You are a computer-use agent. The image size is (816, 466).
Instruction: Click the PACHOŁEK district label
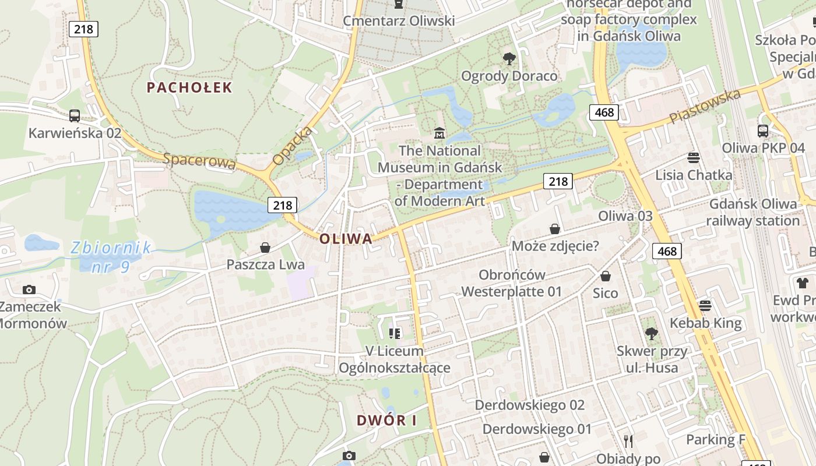(189, 88)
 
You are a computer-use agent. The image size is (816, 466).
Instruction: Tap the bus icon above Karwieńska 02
(75, 115)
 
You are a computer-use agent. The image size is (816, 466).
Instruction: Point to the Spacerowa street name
(200, 161)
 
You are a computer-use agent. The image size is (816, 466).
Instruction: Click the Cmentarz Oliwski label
(399, 21)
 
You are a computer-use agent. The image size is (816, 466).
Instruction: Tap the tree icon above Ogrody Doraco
(509, 58)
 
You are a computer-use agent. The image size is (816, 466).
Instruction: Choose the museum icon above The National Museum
(439, 133)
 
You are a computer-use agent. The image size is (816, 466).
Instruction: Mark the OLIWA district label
(346, 239)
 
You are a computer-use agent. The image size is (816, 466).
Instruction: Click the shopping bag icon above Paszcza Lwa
(265, 248)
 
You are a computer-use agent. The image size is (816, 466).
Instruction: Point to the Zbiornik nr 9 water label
(111, 257)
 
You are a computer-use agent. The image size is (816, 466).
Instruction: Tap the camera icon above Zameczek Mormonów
(29, 290)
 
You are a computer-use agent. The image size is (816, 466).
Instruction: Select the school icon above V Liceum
(395, 333)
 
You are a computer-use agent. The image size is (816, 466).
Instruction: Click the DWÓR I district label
(387, 420)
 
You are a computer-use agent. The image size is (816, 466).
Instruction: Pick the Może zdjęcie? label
(555, 246)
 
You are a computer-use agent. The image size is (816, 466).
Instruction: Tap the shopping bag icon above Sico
(606, 276)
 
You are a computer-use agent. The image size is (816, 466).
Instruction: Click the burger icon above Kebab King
(705, 305)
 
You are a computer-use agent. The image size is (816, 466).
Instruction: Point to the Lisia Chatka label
(694, 175)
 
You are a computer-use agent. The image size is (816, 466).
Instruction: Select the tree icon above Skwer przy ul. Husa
(652, 334)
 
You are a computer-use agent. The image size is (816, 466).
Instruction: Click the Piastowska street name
(705, 107)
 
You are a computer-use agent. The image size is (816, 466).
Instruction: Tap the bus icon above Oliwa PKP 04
(763, 130)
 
